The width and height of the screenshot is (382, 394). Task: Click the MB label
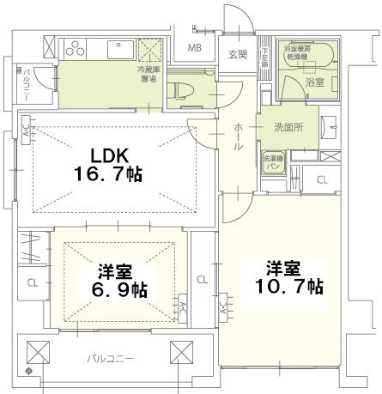pos(195,48)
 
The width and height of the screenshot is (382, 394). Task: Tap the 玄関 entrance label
pos(238,54)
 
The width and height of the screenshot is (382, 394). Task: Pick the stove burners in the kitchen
pos(73,46)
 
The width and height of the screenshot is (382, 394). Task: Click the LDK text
pos(111,155)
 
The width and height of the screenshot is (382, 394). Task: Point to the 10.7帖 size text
pos(288,283)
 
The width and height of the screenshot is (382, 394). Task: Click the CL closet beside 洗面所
pos(321,179)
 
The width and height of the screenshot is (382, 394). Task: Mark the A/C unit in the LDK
pos(26,130)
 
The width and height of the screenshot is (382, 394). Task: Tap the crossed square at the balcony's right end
pos(181,353)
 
